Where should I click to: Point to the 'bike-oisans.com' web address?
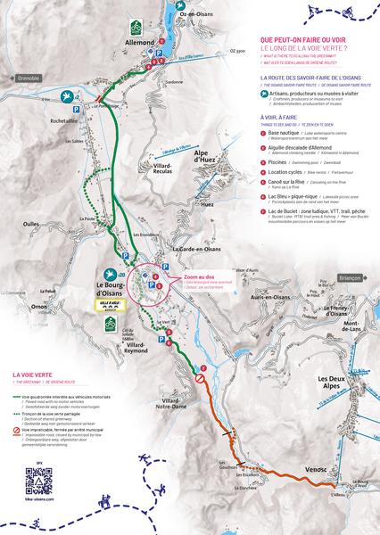click(x=35, y=502)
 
